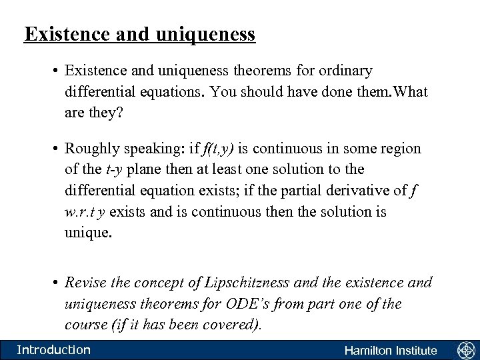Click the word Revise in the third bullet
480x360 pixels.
[83, 282]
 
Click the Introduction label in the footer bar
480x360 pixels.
[53, 350]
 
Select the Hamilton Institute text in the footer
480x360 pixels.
[390, 351]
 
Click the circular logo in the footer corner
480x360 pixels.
[465, 350]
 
